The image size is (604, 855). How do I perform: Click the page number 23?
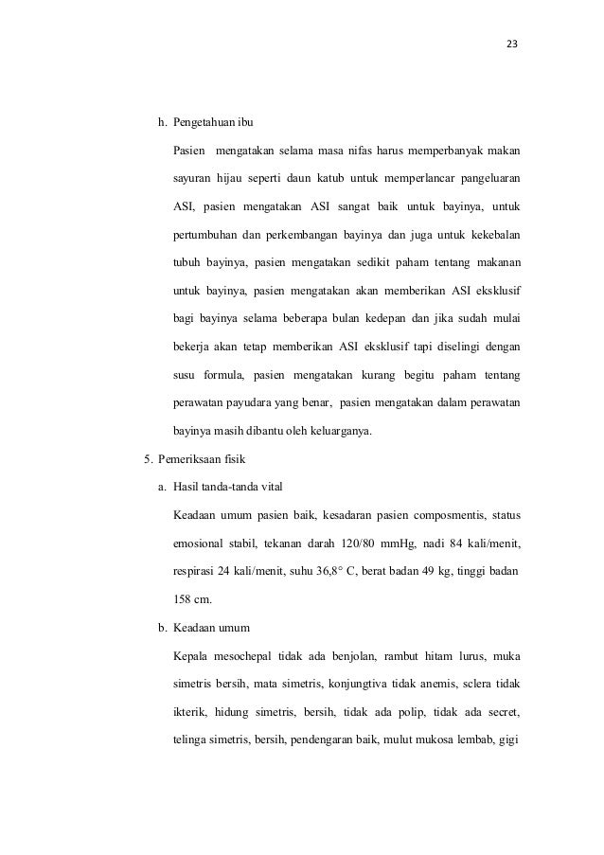(x=512, y=45)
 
